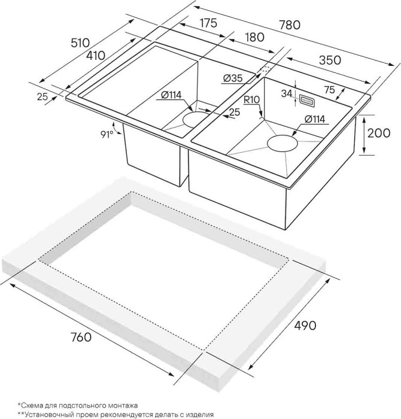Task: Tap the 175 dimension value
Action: click(208, 23)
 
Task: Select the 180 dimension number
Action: click(254, 37)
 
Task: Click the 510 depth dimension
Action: click(80, 42)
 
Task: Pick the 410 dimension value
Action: click(96, 55)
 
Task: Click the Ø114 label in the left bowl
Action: click(171, 94)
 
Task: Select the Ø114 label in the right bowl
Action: click(315, 119)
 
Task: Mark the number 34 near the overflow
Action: click(287, 93)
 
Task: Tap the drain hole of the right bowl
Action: click(282, 144)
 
